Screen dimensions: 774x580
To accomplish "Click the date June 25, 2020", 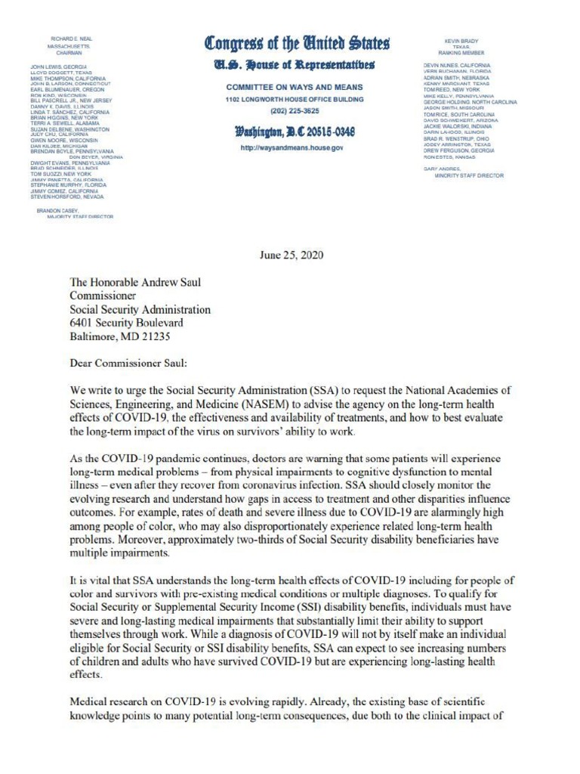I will (x=291, y=255).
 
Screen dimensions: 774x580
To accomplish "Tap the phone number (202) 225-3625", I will (x=291, y=111).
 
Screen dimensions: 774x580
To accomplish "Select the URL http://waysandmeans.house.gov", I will (x=291, y=148).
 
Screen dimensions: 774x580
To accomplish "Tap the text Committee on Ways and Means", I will (x=291, y=88).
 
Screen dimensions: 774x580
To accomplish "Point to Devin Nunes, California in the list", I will (x=456, y=67).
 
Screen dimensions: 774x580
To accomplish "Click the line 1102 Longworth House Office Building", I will (x=291, y=99).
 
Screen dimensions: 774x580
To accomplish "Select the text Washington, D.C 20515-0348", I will (x=291, y=132).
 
